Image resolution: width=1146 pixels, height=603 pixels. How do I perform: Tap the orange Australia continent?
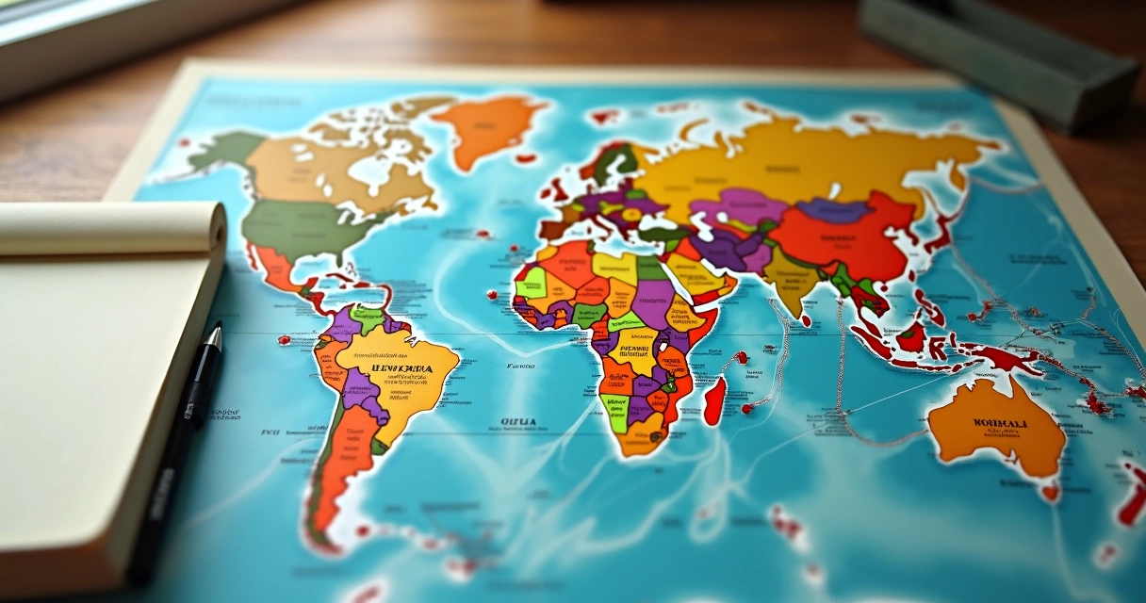994,429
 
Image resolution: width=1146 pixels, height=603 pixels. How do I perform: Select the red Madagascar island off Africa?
714,399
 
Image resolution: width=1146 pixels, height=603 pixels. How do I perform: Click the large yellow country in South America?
401,372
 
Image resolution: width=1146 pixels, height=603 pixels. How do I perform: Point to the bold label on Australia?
1001,423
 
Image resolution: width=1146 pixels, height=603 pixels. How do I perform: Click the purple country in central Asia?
740,207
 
